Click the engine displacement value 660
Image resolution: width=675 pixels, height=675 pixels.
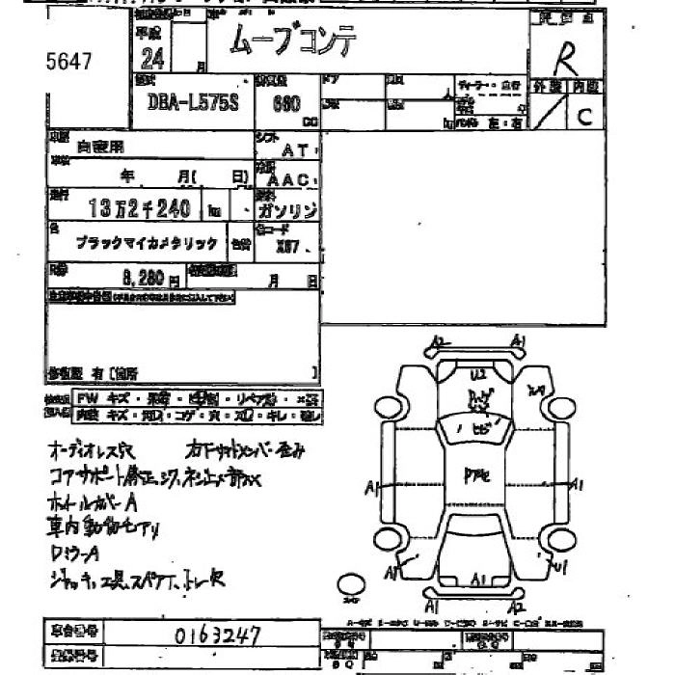coord(286,103)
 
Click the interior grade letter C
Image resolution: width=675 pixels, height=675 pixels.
coord(585,117)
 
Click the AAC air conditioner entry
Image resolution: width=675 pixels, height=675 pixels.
coord(286,180)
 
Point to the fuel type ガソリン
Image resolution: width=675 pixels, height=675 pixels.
coord(288,209)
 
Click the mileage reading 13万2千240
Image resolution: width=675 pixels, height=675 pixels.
coord(140,207)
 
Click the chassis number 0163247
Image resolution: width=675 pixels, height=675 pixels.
coord(217,635)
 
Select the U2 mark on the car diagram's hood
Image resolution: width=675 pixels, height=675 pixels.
coord(476,374)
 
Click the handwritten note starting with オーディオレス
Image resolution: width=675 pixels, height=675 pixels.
coord(97,450)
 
